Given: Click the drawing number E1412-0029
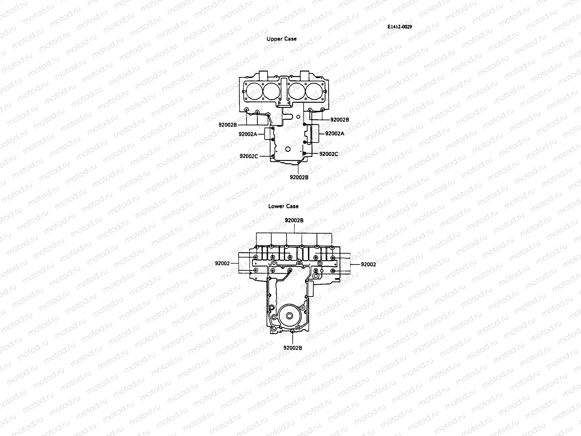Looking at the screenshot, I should coord(399,27).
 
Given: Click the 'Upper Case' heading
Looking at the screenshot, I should coord(281,39).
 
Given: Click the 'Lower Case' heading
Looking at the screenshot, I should coord(283,206).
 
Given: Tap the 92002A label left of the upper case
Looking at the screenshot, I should coord(248,134).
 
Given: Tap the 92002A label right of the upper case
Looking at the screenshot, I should coord(334,133).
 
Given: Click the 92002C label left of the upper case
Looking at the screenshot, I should coord(249,156).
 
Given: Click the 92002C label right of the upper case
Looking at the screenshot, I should coord(329,154).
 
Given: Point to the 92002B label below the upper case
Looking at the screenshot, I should coord(299,177).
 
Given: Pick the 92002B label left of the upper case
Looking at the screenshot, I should coord(228,125).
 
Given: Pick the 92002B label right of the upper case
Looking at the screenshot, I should coord(340,119).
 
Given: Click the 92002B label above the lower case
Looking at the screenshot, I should coord(294,220).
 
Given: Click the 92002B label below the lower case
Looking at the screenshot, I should coord(293,347).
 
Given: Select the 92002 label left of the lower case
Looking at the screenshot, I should coord(222,263).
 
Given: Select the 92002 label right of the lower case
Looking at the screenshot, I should coord(368,264).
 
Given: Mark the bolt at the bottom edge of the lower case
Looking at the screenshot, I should coord(293,331).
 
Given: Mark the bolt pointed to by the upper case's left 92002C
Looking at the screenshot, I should coord(273,156).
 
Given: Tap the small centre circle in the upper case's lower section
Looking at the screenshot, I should coord(288,149).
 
